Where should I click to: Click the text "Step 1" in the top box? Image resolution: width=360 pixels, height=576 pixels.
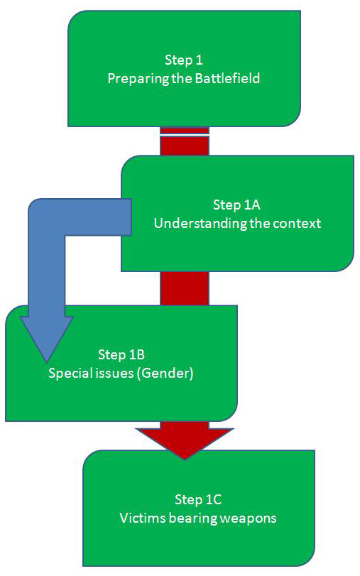pos(184,60)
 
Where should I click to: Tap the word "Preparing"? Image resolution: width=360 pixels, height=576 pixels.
pos(138,79)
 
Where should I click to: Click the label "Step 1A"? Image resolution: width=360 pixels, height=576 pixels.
pos(236,205)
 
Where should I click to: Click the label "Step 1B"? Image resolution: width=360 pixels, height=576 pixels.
pos(121,354)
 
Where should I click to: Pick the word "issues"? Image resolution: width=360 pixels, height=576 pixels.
pos(114,373)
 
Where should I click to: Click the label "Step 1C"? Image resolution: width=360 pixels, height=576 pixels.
pos(198,499)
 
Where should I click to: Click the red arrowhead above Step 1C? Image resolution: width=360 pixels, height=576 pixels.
pos(185,442)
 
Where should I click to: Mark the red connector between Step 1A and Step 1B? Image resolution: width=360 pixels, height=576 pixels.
pos(185,288)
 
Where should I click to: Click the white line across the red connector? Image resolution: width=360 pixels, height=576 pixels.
pos(185,135)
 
